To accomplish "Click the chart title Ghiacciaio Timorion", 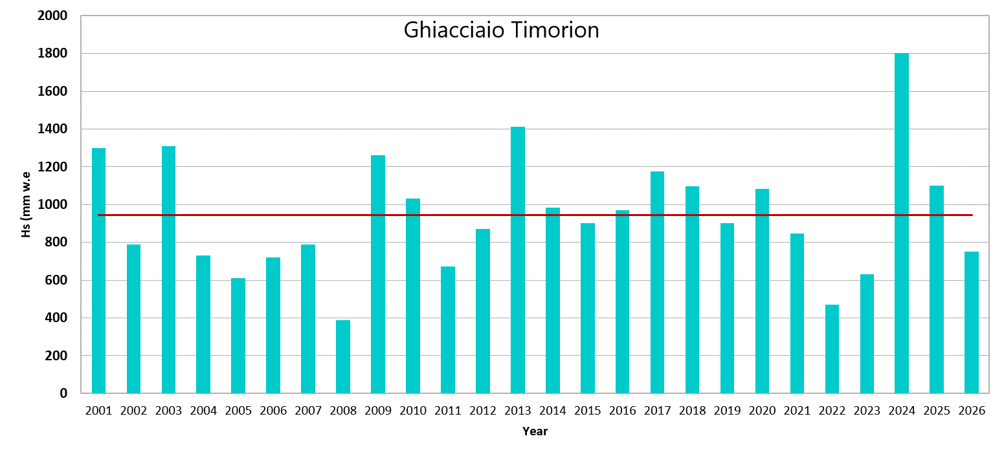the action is pyautogui.click(x=501, y=30).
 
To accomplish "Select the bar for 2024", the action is pyautogui.click(x=901, y=223).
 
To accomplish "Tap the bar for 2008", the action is pyautogui.click(x=343, y=356).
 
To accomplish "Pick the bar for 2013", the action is pyautogui.click(x=518, y=260).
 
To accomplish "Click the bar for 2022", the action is pyautogui.click(x=832, y=349).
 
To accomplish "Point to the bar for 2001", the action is pyautogui.click(x=98, y=270).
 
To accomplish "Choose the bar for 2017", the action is pyautogui.click(x=657, y=282).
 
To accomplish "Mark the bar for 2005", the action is pyautogui.click(x=238, y=336).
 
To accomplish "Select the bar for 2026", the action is pyautogui.click(x=971, y=323).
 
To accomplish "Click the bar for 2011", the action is pyautogui.click(x=448, y=330).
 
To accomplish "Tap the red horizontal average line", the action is pyautogui.click(x=535, y=215).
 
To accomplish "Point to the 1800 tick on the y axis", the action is pyautogui.click(x=52, y=53).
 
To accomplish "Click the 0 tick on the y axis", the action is pyautogui.click(x=63, y=393).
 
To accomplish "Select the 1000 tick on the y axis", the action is pyautogui.click(x=52, y=204).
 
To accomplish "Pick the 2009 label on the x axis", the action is pyautogui.click(x=378, y=410).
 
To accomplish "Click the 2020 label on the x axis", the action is pyautogui.click(x=762, y=410).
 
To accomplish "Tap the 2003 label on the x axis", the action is pyautogui.click(x=168, y=410).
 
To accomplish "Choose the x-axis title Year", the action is pyautogui.click(x=535, y=431).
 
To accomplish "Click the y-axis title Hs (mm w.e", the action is pyautogui.click(x=26, y=204).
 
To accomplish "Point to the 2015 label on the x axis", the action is pyautogui.click(x=588, y=410).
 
